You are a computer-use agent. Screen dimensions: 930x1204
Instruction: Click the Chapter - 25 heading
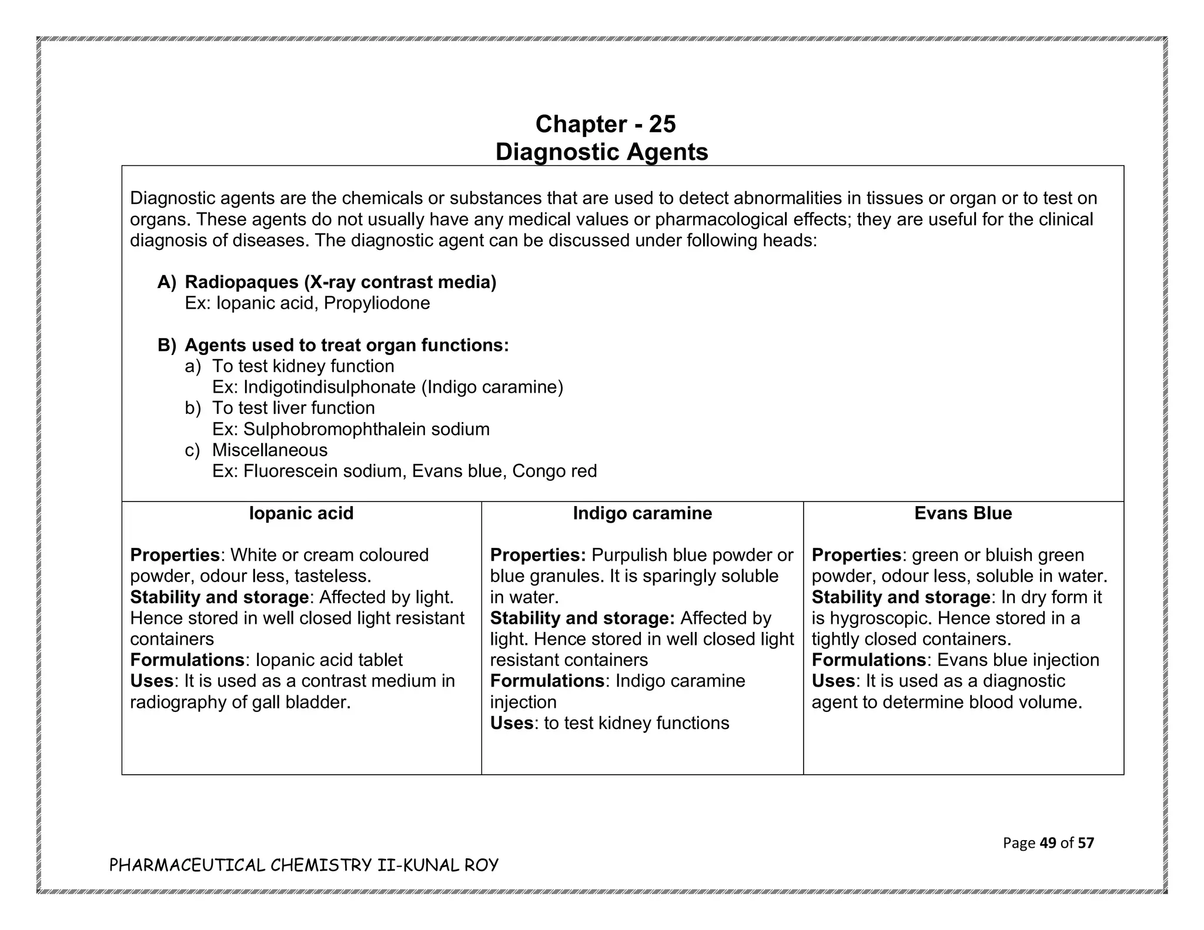pos(605,124)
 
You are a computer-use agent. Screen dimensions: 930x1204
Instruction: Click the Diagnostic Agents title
pos(601,152)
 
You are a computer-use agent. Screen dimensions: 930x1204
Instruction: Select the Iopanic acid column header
pos(301,513)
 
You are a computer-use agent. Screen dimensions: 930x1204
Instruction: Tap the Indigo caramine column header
pos(642,513)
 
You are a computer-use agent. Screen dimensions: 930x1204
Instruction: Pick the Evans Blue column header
pos(962,513)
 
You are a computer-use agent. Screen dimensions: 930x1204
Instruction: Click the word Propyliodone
pos(377,303)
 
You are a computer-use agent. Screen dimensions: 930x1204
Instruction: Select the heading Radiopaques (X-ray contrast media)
pos(340,282)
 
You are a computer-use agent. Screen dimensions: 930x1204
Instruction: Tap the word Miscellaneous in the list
pos(270,450)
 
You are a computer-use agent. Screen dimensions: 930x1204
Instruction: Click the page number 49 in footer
pos(1048,843)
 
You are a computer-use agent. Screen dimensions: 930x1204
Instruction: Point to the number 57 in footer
pos(1086,843)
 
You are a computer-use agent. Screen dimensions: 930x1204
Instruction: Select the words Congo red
pos(554,471)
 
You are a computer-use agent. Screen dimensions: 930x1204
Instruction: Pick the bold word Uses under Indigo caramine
pos(511,723)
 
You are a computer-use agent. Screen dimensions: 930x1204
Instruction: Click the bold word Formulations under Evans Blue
pos(868,660)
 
